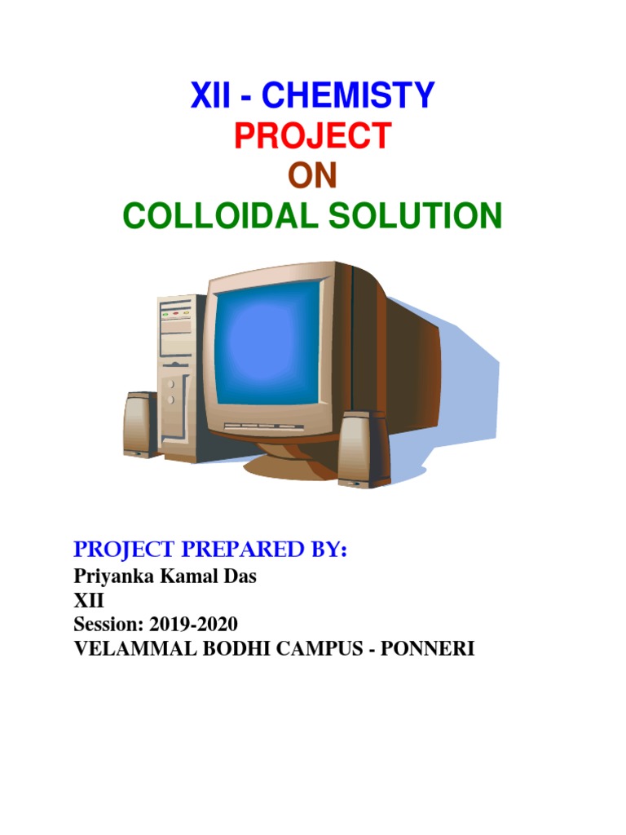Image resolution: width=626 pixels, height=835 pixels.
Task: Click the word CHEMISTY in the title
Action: [349, 96]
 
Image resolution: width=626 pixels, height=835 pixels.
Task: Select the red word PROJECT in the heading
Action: [313, 136]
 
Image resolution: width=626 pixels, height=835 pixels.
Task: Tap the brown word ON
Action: [313, 176]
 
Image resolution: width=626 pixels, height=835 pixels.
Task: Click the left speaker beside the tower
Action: [140, 425]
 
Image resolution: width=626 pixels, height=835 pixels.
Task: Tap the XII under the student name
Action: [82, 602]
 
